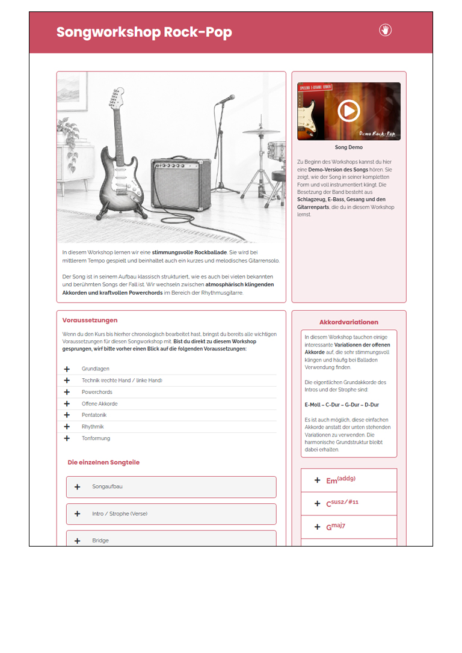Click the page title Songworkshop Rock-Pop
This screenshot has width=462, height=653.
(x=144, y=32)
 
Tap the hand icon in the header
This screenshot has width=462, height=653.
(x=386, y=30)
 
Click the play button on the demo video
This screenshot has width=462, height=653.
(x=349, y=111)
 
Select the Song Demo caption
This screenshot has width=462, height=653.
(x=349, y=147)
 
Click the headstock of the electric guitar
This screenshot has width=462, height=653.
(x=117, y=98)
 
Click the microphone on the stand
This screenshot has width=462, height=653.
(x=226, y=100)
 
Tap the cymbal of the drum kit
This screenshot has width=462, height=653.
(x=261, y=132)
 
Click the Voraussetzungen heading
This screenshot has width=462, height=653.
(x=90, y=320)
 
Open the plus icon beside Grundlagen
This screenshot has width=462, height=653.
(x=67, y=369)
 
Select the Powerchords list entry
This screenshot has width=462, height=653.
(x=97, y=392)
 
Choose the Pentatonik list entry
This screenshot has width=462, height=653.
(x=94, y=415)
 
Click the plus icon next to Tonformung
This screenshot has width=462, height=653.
(x=67, y=438)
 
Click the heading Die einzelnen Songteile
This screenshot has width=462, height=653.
(x=103, y=462)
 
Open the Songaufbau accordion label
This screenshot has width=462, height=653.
(x=108, y=486)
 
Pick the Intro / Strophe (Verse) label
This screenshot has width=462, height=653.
(x=120, y=514)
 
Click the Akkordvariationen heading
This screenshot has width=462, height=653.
(x=349, y=322)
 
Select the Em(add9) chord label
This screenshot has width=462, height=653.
(x=340, y=480)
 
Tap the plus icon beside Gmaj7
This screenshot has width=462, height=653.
(x=318, y=527)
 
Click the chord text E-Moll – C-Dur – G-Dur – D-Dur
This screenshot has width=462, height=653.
(x=342, y=405)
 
